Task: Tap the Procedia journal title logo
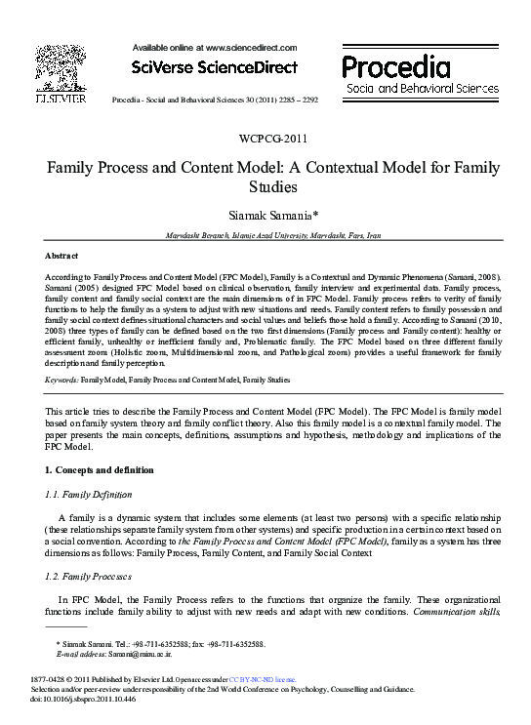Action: pos(395,67)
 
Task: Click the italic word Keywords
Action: pos(61,378)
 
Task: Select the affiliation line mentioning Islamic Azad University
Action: pos(265,235)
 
